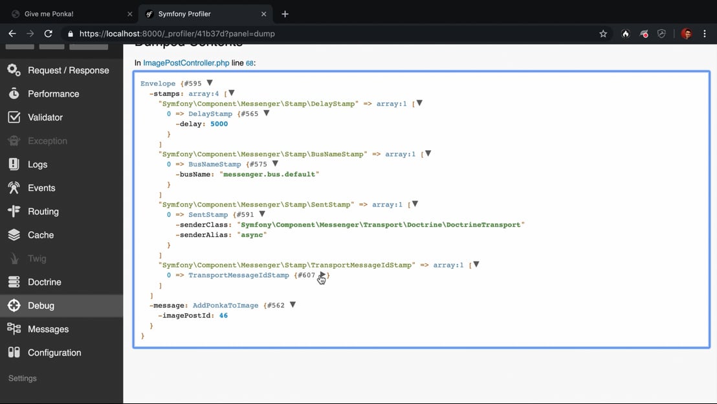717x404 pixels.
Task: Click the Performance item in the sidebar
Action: point(53,94)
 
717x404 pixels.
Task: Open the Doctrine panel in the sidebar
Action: point(44,282)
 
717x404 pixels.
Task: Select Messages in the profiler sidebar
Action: point(48,329)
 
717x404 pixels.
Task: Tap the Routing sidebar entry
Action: point(43,212)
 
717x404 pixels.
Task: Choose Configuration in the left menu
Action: point(54,353)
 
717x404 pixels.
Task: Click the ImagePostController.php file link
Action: point(186,63)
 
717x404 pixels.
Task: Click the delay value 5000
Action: point(219,124)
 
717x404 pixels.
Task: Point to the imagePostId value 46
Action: point(223,315)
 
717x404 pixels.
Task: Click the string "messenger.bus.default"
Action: point(269,174)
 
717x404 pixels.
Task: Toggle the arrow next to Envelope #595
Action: point(210,83)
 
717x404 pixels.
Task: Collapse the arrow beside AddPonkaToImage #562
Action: point(292,305)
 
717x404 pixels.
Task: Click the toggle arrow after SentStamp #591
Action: point(262,214)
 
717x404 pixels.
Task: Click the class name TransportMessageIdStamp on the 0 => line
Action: point(239,275)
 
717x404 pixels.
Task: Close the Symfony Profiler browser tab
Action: point(263,14)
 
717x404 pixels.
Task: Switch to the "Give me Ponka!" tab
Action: point(49,14)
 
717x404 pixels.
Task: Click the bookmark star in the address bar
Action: point(603,34)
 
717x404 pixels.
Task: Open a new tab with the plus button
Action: point(285,14)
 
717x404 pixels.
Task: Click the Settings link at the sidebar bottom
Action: point(23,378)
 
